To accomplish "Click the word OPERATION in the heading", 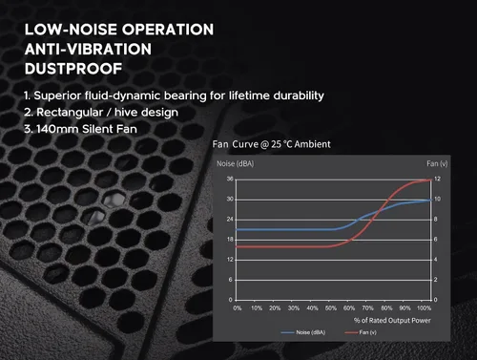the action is tap(168, 30).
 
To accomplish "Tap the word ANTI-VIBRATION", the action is tap(88, 50).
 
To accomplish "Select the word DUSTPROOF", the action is tap(73, 69).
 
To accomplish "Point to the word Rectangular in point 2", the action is tap(70, 113).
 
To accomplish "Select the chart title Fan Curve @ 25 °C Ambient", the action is tap(272, 144).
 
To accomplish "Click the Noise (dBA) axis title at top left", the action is tap(236, 163).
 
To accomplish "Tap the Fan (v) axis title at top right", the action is tap(437, 163).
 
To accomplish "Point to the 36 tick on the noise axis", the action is tap(230, 179).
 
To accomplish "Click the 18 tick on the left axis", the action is tap(230, 240).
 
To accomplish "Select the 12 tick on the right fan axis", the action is tap(437, 179).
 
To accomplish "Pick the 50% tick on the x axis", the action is tap(331, 308).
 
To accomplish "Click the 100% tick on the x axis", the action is tap(424, 308).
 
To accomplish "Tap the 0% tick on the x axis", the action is tap(238, 308).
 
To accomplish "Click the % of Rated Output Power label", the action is tap(392, 320).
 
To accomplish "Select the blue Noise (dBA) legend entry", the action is tap(303, 332).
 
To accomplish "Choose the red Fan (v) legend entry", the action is tap(361, 332).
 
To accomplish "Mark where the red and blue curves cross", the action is tap(380, 210).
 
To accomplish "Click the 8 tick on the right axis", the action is tap(436, 220).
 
